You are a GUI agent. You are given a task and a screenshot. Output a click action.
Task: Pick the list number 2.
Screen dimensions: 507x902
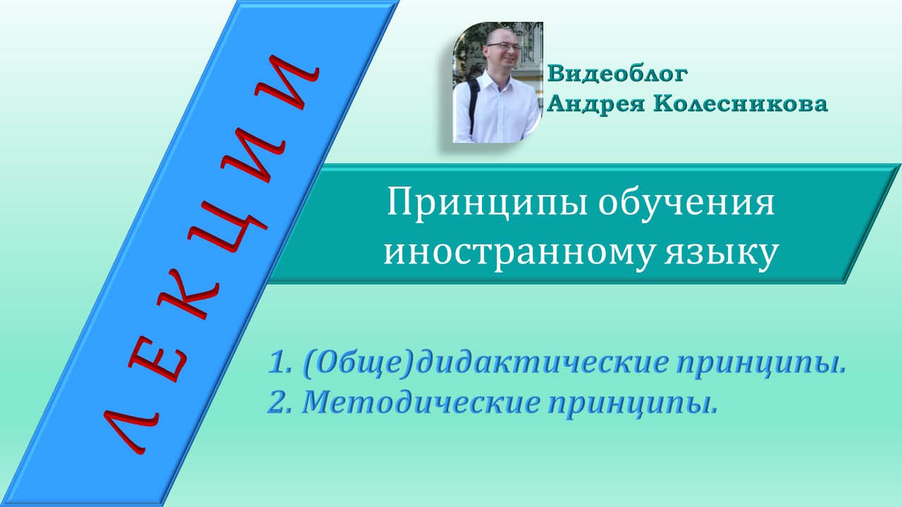pyautogui.click(x=276, y=402)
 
